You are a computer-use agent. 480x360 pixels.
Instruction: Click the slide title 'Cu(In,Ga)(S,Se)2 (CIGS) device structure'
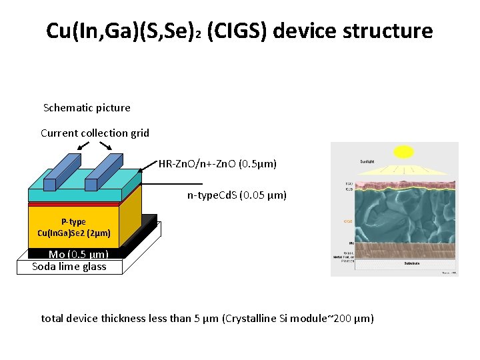coord(239,31)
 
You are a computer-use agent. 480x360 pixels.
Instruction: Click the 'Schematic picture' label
coord(87,108)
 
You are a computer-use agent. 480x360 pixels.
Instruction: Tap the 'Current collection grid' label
coord(95,133)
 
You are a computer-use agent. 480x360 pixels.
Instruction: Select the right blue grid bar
coord(103,173)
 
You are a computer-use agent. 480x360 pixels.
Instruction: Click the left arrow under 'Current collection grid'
coord(84,145)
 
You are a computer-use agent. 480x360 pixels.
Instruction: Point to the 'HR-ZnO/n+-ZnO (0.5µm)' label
coord(217,163)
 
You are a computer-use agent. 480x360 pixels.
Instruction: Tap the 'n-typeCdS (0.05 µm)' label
coord(237,195)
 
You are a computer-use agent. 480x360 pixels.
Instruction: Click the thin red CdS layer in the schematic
coord(73,203)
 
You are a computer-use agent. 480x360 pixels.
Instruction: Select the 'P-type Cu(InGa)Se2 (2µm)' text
coord(73,227)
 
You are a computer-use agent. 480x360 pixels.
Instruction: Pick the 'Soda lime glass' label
coord(69,267)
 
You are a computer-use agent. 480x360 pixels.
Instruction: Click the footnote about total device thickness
coord(207,319)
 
